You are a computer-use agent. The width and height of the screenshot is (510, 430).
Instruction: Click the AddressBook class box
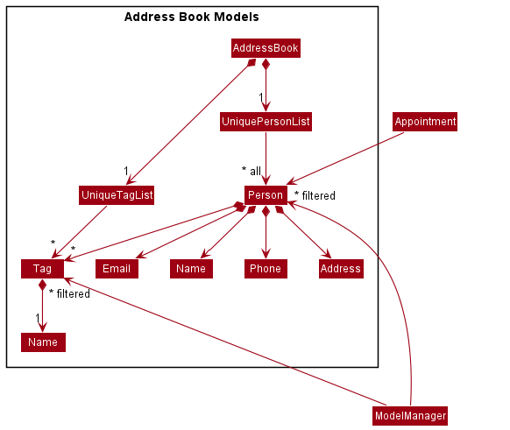click(x=266, y=48)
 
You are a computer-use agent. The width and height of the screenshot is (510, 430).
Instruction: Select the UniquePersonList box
click(x=266, y=122)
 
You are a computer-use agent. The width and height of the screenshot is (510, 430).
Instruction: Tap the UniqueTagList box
click(x=117, y=195)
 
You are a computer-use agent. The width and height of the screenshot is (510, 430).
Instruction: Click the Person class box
click(x=266, y=195)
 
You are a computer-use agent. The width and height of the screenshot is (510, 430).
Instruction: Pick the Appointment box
click(x=425, y=122)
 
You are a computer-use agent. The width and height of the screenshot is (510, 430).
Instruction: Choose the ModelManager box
click(x=410, y=416)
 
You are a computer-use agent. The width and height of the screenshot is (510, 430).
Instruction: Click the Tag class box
click(x=42, y=269)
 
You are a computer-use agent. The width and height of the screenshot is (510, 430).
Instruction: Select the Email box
click(x=117, y=269)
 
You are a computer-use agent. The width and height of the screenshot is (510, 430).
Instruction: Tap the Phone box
click(x=266, y=269)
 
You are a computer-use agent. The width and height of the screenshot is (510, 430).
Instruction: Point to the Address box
click(x=341, y=269)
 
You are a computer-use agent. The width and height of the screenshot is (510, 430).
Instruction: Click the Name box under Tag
click(x=43, y=342)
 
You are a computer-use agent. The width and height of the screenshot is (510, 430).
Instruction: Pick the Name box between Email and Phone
click(x=191, y=269)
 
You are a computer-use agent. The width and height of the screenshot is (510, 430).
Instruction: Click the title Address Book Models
click(x=192, y=17)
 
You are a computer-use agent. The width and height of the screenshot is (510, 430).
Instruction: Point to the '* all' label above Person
click(x=251, y=171)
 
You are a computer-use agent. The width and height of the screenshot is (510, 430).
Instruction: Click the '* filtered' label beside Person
click(x=315, y=195)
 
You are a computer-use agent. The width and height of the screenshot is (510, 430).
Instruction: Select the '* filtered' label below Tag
click(x=69, y=293)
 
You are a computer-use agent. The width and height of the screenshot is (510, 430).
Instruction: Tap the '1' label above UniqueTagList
click(x=126, y=171)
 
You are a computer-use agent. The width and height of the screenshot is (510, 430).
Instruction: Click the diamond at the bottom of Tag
click(x=42, y=285)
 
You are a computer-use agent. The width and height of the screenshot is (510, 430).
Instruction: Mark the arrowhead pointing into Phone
click(x=266, y=254)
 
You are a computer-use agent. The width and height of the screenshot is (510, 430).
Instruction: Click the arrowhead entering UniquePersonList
click(x=266, y=107)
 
